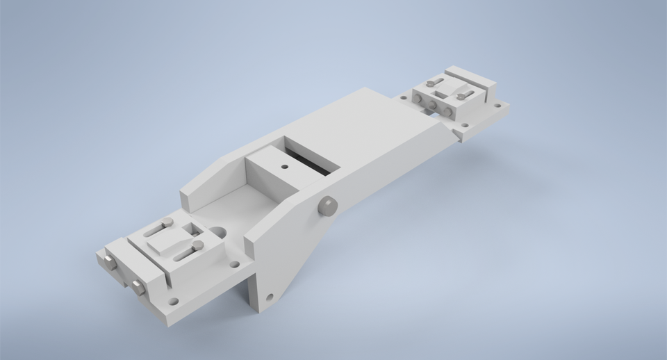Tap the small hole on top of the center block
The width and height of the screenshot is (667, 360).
[x=283, y=167]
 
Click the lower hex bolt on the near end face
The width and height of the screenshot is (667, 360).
[x=137, y=286]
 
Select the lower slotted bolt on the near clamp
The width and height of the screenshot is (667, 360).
[x=197, y=245]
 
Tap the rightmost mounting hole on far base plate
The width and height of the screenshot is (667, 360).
[x=497, y=106]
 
